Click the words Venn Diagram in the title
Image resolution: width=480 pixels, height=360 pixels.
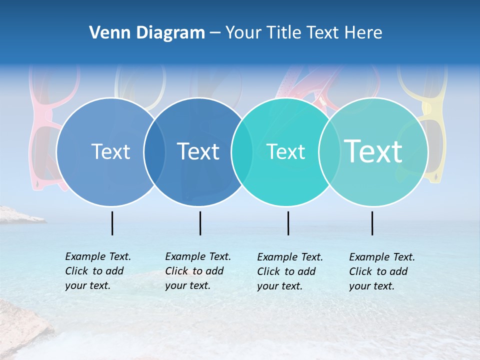147,33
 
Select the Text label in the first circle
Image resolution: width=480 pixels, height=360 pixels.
110,151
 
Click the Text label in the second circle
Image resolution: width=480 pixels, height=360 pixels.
198,151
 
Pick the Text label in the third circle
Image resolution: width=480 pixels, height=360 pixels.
285,151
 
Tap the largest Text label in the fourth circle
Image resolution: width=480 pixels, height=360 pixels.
373,151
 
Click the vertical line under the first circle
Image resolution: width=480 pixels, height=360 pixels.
112,223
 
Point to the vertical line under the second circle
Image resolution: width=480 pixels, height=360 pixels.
200,223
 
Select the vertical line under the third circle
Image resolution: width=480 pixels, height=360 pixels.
288,223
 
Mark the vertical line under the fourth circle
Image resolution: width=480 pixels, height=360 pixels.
372,223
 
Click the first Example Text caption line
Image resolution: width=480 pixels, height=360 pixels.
98,256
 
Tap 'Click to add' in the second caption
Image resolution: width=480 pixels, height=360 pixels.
194,271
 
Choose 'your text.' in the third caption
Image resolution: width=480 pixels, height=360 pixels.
279,286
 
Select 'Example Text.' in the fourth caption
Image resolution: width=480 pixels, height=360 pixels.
382,257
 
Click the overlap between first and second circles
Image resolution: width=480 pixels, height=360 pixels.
155,152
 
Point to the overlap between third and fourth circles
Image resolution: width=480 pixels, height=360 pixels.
329,152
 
